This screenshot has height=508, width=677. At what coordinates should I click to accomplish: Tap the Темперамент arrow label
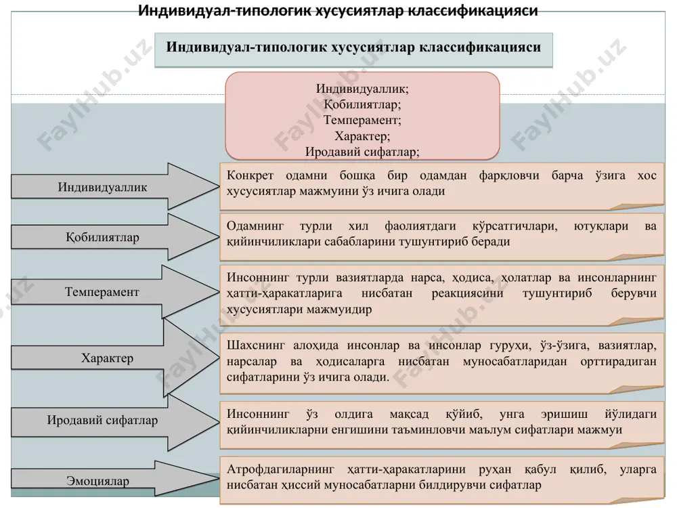tap(102, 292)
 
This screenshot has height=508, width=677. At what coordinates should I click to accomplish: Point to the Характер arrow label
tap(107, 358)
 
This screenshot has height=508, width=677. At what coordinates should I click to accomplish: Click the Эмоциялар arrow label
tap(97, 481)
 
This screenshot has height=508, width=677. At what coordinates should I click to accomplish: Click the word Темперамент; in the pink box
tap(362, 120)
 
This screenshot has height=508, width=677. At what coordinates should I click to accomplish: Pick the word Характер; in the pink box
tap(362, 136)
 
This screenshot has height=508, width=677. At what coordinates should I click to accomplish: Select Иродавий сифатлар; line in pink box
tap(362, 152)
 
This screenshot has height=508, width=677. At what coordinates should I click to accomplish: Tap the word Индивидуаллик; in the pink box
tap(362, 89)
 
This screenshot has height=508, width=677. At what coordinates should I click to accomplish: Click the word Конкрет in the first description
tap(250, 175)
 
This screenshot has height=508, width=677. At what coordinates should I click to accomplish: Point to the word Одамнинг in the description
tap(255, 226)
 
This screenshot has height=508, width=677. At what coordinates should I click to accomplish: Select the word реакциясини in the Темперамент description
tap(467, 293)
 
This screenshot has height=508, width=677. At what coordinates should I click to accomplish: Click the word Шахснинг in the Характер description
tap(256, 345)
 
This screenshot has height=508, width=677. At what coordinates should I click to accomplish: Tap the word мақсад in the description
tap(409, 414)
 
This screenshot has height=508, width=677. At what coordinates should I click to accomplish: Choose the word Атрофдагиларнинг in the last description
tap(281, 469)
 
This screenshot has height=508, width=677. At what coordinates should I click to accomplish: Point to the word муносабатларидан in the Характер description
tap(515, 361)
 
